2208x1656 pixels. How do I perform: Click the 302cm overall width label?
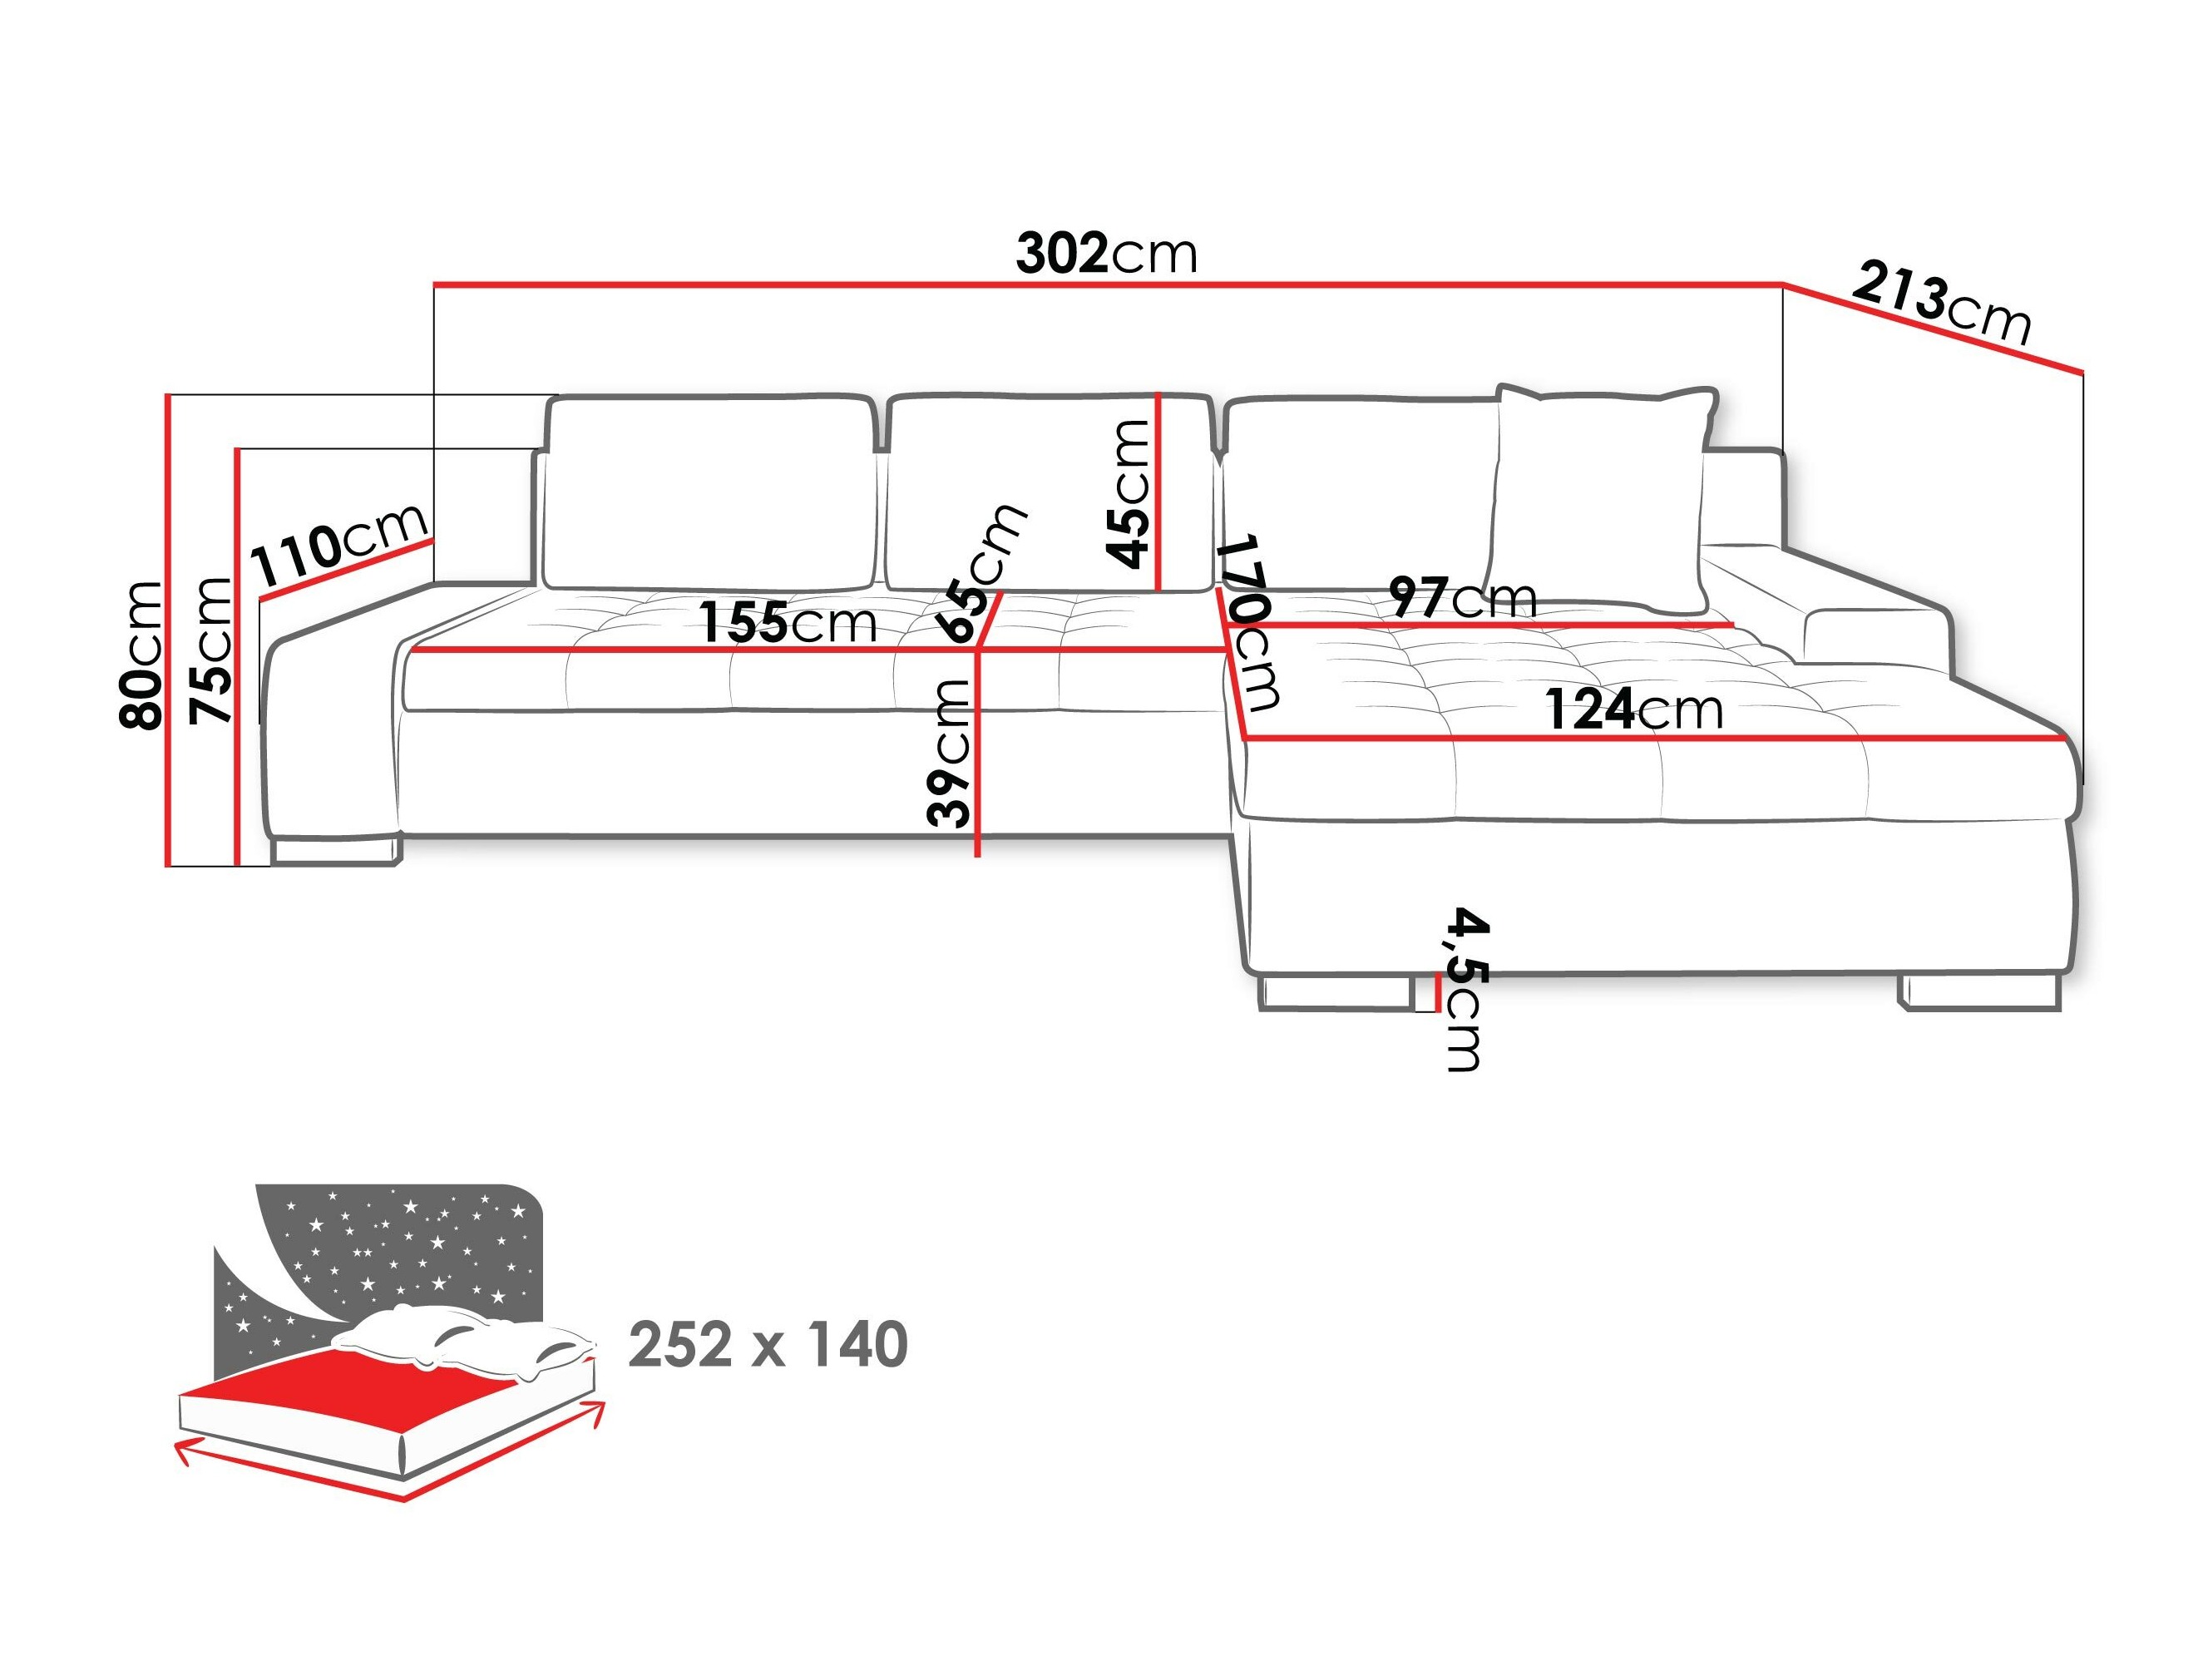point(1106,255)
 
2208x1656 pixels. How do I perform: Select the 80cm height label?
point(140,654)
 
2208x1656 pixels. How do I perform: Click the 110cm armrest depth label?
point(339,545)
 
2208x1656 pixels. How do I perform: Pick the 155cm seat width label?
point(787,624)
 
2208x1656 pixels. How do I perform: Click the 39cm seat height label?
point(948,753)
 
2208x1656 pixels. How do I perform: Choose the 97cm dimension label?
point(1462,598)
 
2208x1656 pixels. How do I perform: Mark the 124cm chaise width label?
point(1634,709)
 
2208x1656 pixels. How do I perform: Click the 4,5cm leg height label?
point(1465,989)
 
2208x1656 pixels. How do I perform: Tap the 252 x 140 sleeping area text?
point(768,1345)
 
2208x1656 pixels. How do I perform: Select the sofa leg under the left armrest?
point(334,851)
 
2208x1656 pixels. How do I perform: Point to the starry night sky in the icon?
point(399,1248)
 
